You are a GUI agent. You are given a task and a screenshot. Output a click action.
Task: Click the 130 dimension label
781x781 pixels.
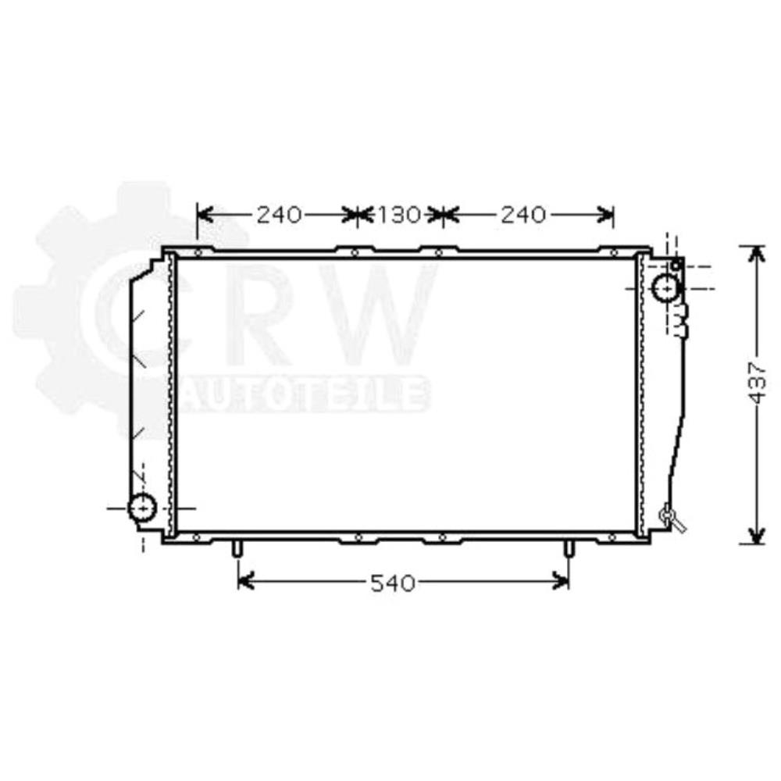click(400, 215)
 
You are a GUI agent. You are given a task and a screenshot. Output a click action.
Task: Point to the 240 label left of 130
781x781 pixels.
click(279, 215)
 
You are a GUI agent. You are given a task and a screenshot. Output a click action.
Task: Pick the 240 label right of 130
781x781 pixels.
click(523, 215)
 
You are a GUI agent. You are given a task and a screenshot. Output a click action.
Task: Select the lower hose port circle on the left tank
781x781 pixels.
click(142, 508)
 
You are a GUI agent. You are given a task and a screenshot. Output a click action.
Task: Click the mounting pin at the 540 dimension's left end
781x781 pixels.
click(237, 549)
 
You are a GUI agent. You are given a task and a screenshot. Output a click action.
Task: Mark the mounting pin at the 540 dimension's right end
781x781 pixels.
click(569, 549)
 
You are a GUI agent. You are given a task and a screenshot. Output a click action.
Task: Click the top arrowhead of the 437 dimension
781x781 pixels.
click(755, 254)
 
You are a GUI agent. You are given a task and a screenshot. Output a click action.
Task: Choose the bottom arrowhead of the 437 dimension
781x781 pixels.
click(755, 535)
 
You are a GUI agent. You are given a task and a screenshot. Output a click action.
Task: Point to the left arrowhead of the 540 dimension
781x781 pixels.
click(245, 581)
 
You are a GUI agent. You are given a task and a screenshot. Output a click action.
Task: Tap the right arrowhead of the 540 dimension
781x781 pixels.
click(561, 581)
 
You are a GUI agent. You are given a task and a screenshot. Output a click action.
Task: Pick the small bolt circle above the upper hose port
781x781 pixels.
click(676, 266)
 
